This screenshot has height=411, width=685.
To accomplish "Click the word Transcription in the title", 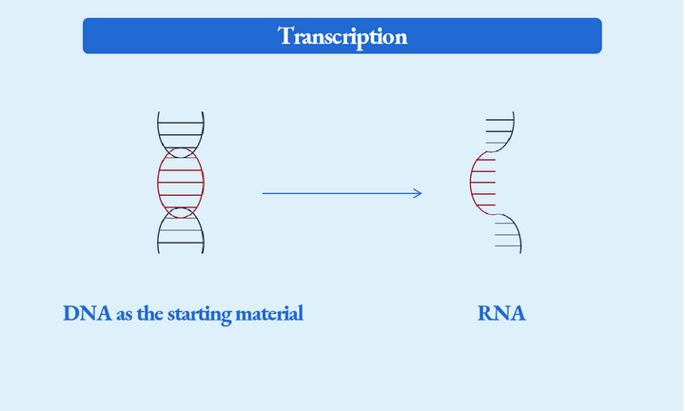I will tap(342, 36).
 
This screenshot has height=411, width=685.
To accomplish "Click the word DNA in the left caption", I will tap(88, 313).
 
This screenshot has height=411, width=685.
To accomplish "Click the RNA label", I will tap(501, 313).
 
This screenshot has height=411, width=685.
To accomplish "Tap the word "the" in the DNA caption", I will tap(150, 313).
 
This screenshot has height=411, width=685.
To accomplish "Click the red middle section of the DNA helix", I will tap(181, 181).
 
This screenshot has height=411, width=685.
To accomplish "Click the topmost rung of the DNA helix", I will tap(181, 123).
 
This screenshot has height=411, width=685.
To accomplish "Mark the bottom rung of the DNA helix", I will tap(181, 243).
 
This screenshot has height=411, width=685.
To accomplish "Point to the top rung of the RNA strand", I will tap(499, 120).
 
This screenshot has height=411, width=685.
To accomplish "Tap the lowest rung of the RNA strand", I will tap(508, 246).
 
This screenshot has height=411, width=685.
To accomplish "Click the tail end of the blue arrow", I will tap(264, 194).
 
